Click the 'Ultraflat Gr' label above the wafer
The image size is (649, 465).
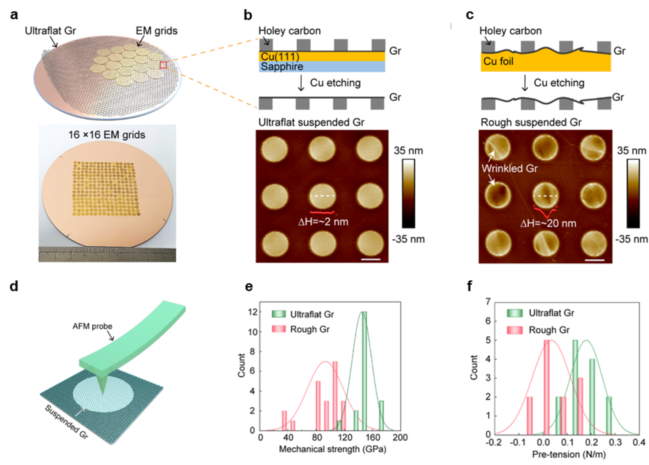pos(50,31)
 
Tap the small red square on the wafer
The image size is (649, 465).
pos(164,65)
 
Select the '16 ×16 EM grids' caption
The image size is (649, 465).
pos(106,135)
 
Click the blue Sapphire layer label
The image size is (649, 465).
pos(282,66)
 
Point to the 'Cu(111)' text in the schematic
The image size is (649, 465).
pos(280,57)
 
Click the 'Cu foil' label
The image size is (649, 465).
pos(498,61)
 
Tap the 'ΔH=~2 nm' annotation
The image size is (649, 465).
pos(323,221)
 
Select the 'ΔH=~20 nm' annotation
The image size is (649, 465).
pos(548,223)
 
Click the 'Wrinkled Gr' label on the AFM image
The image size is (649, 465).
pos(510,168)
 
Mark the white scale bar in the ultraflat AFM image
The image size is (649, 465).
pos(371,259)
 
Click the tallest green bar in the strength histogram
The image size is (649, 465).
pos(363,371)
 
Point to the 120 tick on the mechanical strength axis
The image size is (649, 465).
pos(345,437)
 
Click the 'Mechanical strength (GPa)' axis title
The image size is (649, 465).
pos(333,449)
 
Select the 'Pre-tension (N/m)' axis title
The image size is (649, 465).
pos(568,454)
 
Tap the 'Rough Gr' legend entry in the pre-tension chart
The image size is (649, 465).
pos(549,330)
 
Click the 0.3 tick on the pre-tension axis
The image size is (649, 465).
pos(615,442)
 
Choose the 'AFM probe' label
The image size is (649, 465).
pos(92,326)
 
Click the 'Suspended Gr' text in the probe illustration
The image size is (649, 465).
pos(67,422)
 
